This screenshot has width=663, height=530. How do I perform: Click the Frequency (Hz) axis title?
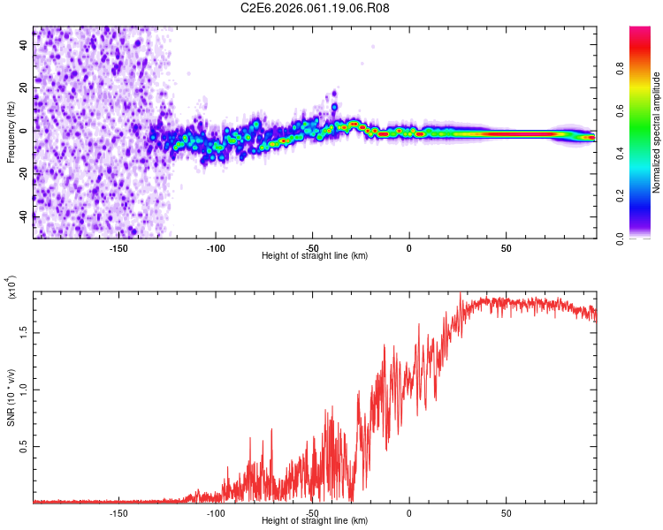coord(11,132)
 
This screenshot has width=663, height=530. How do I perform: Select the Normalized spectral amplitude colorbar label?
coord(656,132)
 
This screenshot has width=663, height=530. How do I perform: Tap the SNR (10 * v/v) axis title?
coord(11,397)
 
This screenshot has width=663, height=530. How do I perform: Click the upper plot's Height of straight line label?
coord(315,255)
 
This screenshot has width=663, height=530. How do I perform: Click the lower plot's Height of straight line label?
coord(315,520)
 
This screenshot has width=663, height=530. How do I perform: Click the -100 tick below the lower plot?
coord(216,511)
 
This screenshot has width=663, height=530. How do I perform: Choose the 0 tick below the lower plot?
coord(409,511)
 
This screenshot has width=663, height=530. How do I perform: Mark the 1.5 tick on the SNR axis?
coord(24,332)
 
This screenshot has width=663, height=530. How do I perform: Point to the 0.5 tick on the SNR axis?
coord(24,447)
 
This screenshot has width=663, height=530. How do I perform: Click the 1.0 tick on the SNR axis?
coord(24,390)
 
